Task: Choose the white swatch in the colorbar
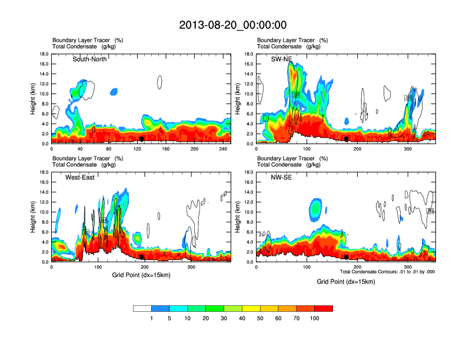click(142, 308)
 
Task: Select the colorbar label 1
click(152, 318)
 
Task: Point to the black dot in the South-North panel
click(142, 139)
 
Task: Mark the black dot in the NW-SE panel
click(347, 257)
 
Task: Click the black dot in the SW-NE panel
click(347, 139)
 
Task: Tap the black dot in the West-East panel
click(142, 257)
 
